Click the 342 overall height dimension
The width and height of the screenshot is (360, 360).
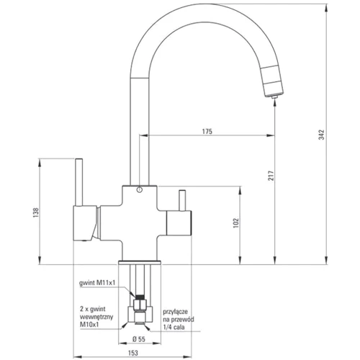tap(322, 135)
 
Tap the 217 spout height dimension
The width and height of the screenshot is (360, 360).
tap(271, 176)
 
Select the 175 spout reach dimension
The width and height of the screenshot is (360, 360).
tap(207, 132)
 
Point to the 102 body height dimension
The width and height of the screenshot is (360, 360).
tap(236, 223)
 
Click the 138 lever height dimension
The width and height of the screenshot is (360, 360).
tap(36, 212)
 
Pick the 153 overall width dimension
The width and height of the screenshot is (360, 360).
tap(133, 353)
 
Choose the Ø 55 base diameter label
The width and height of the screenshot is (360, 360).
tap(139, 339)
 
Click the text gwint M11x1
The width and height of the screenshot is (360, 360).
tap(97, 283)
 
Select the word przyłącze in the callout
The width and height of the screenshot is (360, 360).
tap(176, 312)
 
